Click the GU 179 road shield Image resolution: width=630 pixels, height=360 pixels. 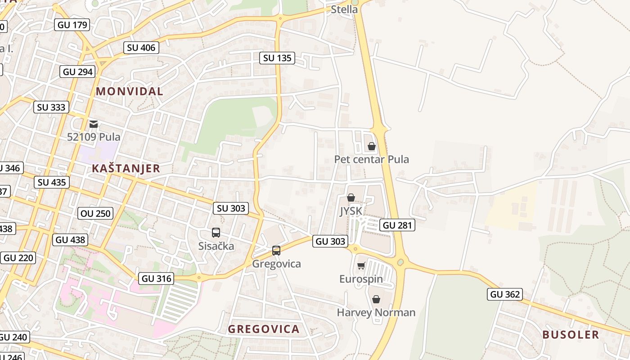73,25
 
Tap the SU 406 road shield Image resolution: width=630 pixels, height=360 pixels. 141,48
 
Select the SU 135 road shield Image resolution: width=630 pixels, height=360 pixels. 277,58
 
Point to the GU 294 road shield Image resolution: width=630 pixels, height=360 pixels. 78,72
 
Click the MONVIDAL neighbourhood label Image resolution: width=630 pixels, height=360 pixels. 130,91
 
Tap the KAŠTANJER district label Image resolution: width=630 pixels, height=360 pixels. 126,169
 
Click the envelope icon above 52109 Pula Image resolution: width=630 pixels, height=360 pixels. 94,124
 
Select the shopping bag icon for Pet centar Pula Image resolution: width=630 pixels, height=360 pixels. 372,146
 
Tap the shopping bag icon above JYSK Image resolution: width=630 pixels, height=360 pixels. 351,198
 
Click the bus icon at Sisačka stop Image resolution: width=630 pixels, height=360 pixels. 216,232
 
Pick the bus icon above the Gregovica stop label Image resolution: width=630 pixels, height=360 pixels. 276,250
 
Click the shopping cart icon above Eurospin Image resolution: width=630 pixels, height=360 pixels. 361,265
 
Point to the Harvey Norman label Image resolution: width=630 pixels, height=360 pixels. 376,312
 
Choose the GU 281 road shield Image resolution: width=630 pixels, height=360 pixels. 397,225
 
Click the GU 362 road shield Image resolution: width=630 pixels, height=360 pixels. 505,294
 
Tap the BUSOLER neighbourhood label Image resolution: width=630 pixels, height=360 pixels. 571,335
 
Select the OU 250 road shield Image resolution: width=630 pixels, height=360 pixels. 95,213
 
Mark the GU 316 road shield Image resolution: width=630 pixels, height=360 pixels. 156,279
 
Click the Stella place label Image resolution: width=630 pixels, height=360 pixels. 344,9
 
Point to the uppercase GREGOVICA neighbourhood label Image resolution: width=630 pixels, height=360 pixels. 264,329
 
